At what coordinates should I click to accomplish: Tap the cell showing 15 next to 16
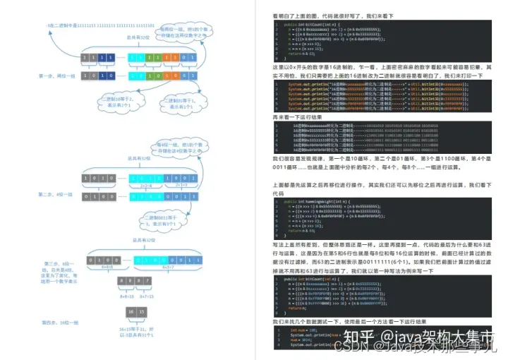coord(144,311)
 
